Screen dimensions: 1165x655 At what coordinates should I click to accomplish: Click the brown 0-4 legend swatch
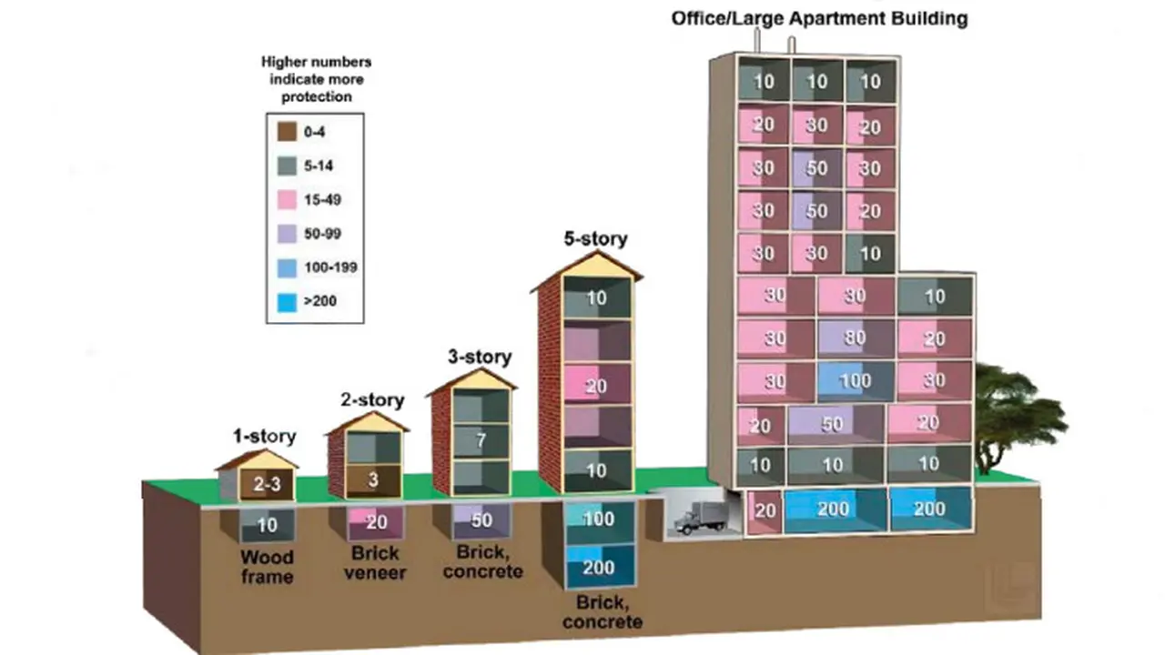(x=287, y=132)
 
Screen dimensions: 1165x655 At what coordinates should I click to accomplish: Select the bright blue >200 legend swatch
(x=287, y=302)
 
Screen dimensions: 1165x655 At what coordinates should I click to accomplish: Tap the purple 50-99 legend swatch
(x=287, y=234)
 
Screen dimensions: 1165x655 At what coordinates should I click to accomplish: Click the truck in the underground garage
(x=700, y=517)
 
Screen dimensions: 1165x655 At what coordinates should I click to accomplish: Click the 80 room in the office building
(x=856, y=338)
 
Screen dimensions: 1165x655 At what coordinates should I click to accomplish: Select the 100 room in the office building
(x=856, y=381)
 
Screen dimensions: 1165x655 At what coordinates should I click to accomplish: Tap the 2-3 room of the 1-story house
(x=267, y=485)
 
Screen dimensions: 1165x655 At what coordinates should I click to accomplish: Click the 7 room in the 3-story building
(x=481, y=441)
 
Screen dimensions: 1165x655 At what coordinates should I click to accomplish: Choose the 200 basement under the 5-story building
(x=599, y=567)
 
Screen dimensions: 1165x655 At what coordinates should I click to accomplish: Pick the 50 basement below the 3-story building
(x=481, y=520)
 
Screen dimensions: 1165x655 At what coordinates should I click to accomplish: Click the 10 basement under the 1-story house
(x=268, y=525)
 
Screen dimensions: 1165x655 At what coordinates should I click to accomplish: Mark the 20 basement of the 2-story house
(x=376, y=522)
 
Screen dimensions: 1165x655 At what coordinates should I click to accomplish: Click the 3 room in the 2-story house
(x=373, y=479)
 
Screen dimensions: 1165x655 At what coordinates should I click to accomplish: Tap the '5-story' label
(x=596, y=239)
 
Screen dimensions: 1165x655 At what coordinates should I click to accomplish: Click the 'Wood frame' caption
(x=268, y=567)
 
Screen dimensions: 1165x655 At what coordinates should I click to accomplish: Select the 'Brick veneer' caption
(x=375, y=563)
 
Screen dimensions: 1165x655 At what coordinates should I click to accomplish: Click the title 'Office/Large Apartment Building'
(x=820, y=18)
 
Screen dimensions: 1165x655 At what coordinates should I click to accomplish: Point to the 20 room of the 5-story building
(x=597, y=385)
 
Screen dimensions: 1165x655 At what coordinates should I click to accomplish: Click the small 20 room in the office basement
(x=765, y=511)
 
